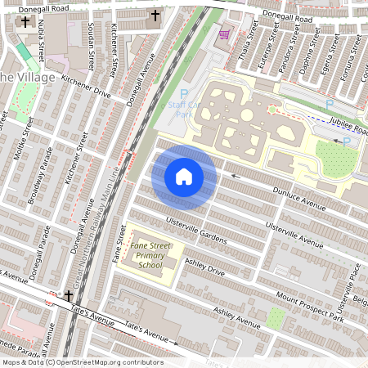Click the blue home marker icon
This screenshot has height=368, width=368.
184,176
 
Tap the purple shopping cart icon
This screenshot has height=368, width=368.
223,35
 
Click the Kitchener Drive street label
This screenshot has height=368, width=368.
86,88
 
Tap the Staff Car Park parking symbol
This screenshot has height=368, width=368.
184,95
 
